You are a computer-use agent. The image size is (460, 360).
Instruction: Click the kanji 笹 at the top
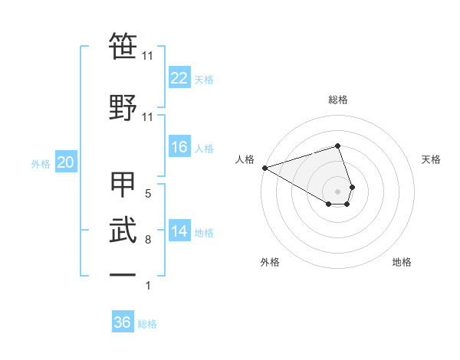[x=123, y=47]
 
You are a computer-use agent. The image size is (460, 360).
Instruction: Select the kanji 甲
[x=123, y=185]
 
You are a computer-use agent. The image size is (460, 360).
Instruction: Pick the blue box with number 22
[x=179, y=78]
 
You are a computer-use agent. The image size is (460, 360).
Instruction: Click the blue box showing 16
[x=179, y=148]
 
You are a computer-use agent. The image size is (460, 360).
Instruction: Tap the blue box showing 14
[x=179, y=232]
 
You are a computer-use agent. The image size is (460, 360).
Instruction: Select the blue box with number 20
[x=65, y=162]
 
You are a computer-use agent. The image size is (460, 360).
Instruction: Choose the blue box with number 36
[x=123, y=322]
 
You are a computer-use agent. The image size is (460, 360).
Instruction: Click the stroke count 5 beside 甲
[x=148, y=194]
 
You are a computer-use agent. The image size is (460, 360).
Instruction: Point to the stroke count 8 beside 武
[x=148, y=240]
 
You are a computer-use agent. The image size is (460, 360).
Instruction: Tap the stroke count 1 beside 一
[x=148, y=286]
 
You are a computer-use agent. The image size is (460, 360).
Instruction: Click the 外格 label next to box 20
[x=41, y=163]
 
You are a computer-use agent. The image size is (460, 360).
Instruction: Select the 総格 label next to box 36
[x=147, y=324]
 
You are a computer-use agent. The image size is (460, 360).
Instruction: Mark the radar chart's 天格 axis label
[x=432, y=159]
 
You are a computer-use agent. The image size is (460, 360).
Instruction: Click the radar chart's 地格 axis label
[x=402, y=262]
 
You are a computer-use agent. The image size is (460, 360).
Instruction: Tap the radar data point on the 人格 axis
[x=264, y=167]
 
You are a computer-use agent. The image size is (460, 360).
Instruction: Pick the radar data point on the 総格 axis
[x=337, y=146]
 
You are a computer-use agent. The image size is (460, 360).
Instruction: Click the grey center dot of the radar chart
[x=337, y=190]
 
